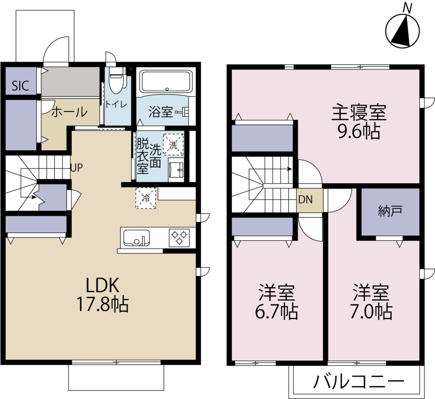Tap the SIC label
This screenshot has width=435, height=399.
point(19,86)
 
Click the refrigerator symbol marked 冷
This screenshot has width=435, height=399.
point(146,198)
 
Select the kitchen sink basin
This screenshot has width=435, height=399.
point(136,238)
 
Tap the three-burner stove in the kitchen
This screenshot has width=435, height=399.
point(179,238)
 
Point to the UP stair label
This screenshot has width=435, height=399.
point(76,168)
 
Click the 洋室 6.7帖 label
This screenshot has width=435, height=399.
point(277,302)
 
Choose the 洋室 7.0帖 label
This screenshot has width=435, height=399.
point(372,302)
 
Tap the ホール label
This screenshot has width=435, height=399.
point(69,111)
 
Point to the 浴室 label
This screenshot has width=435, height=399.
point(160,112)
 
